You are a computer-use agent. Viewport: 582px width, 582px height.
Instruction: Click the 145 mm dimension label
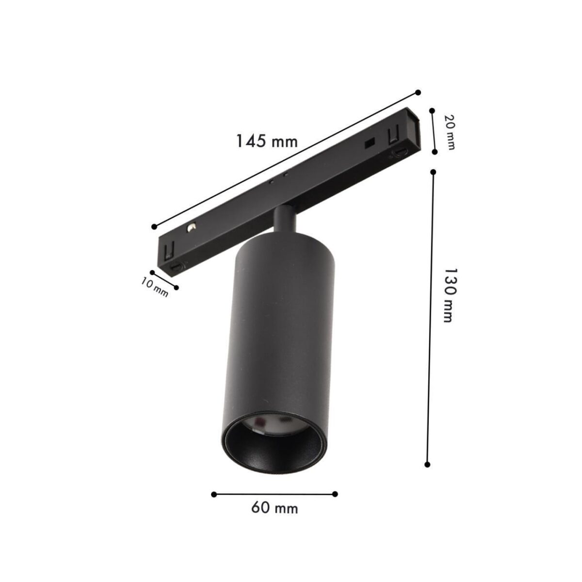(266, 141)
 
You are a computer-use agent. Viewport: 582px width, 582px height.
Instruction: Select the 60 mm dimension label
(275, 508)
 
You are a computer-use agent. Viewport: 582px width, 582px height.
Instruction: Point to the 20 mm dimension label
(450, 132)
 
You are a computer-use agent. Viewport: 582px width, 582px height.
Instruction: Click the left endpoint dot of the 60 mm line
(214, 494)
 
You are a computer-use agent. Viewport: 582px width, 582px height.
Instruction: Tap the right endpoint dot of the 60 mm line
(335, 494)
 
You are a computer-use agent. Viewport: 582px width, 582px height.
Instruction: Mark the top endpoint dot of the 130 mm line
(433, 172)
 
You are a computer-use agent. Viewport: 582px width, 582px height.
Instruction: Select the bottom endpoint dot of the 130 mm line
(427, 464)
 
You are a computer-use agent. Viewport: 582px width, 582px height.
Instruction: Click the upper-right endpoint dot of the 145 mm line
(418, 92)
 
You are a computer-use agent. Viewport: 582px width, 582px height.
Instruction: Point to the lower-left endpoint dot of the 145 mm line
(154, 226)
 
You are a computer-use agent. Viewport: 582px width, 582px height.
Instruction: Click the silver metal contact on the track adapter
(193, 227)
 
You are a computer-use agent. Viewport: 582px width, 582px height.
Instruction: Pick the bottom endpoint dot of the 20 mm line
(435, 152)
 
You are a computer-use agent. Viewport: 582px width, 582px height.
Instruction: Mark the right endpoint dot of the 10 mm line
(176, 288)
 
